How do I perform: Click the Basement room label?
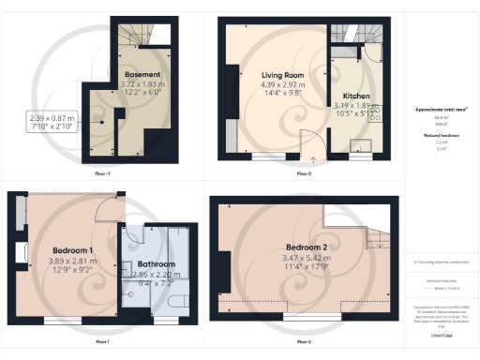145,74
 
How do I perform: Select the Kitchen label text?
357,97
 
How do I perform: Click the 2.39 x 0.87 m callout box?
52,124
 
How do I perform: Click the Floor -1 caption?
103,174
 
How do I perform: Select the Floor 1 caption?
102,341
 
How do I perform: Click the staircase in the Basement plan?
135,36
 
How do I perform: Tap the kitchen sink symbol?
357,144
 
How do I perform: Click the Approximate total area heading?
442,110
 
